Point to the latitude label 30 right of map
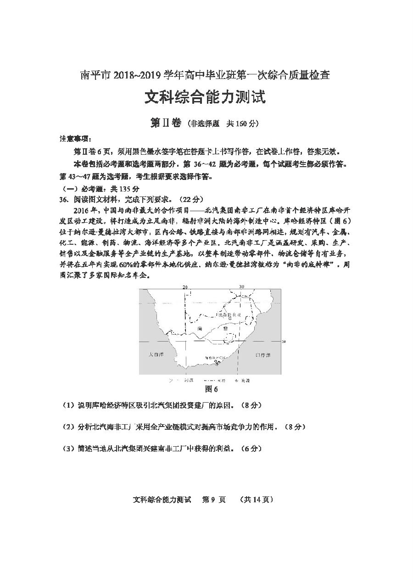[283, 342]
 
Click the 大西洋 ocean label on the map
[156, 355]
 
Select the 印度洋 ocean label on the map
[262, 355]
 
